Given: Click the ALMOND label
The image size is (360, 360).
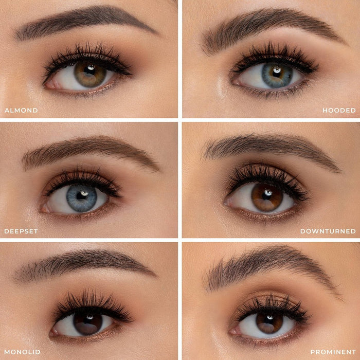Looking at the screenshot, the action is click(22, 111).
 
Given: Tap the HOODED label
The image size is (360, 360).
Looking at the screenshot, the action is click(339, 111).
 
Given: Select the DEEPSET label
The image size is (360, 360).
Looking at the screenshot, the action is click(21, 231).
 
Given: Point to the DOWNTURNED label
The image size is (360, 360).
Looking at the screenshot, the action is click(328, 231).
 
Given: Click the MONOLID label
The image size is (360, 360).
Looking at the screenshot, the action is click(22, 352).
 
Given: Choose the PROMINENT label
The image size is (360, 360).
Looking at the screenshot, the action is click(333, 352).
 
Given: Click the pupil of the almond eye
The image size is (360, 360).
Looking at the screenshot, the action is click(90, 71).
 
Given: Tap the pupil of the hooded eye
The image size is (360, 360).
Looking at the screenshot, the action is click(277, 73).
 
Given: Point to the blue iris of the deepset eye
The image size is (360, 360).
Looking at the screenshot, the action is click(82, 198).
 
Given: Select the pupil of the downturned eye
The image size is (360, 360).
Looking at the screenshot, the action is click(267, 195).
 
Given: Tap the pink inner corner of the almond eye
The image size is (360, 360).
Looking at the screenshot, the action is click(50, 85).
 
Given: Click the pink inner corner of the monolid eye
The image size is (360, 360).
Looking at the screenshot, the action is click(54, 332).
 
